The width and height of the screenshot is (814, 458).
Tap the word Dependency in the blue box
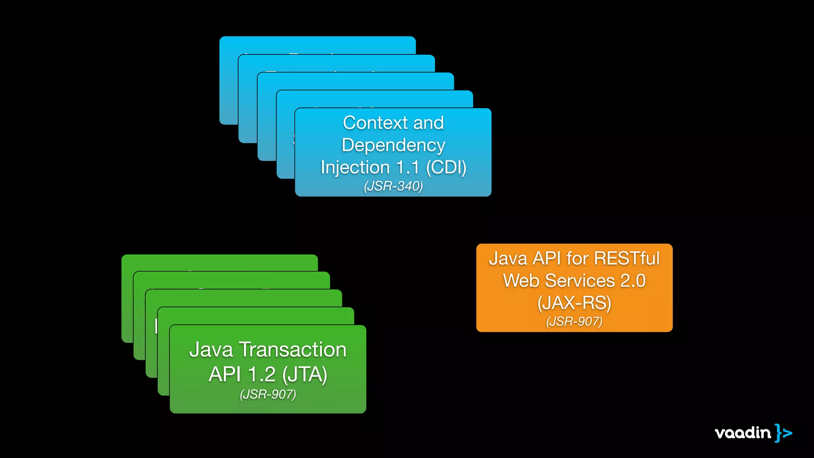tap(393, 145)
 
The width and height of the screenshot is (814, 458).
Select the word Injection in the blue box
tap(355, 167)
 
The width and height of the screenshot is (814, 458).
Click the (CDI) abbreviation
tap(446, 167)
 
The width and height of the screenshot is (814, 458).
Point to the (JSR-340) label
tap(393, 186)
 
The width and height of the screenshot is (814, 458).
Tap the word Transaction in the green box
tap(293, 350)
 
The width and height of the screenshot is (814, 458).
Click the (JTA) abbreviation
tap(304, 375)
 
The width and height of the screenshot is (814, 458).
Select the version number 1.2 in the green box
tap(261, 375)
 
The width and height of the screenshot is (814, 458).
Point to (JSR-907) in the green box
tap(268, 394)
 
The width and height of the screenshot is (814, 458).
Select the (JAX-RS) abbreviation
tap(574, 303)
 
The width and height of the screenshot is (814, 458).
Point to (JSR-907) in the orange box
tap(574, 321)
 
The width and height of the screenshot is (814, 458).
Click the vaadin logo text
tap(742, 433)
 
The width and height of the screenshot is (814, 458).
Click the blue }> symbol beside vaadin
tap(783, 433)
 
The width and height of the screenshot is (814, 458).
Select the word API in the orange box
tap(547, 258)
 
